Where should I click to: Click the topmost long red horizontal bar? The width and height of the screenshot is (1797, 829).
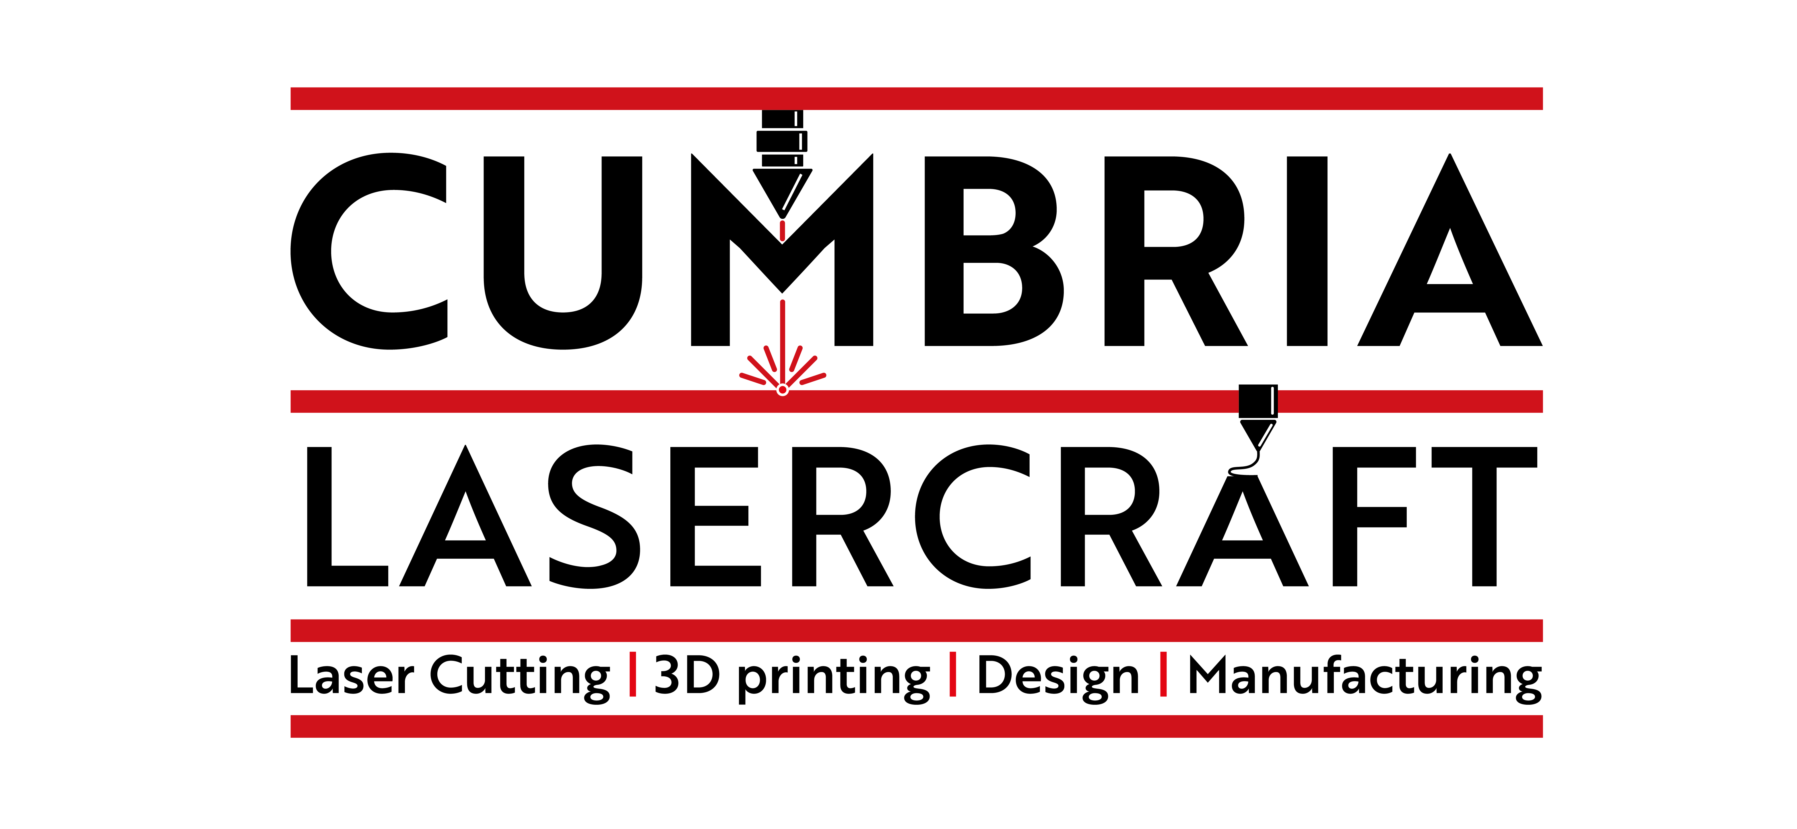tap(916, 98)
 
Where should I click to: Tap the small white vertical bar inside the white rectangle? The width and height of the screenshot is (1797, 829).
tap(801, 141)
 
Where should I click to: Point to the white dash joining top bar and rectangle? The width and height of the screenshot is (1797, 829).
tap(796, 119)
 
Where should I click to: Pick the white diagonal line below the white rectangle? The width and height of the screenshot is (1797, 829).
tap(792, 192)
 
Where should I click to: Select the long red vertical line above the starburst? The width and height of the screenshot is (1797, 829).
tap(782, 335)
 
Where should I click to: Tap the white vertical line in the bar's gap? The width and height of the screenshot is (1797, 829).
tap(1272, 401)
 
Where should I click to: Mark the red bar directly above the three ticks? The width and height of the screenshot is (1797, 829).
tap(916, 630)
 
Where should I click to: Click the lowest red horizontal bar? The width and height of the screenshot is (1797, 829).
tap(916, 726)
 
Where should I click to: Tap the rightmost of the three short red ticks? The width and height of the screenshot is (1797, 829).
tap(1163, 673)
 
